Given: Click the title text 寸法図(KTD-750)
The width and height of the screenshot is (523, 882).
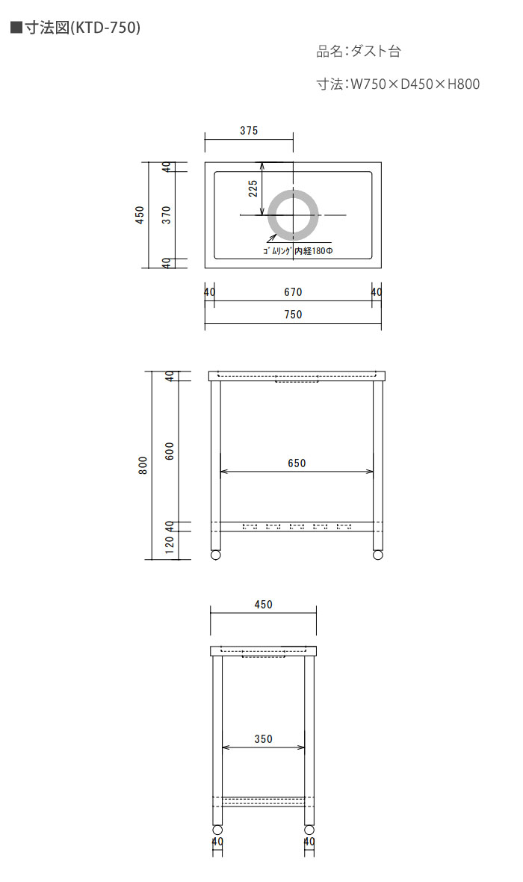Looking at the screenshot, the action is [82, 28].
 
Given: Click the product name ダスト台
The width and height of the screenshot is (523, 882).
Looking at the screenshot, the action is [376, 52].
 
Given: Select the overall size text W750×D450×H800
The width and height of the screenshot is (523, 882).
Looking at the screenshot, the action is [415, 84].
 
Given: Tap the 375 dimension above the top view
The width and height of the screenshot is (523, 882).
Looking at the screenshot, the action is [249, 131].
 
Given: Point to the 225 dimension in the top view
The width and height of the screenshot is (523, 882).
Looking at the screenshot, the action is [253, 188].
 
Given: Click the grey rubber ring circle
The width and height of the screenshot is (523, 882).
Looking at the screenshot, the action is [293, 191].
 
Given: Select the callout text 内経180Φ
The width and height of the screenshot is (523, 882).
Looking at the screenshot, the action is [314, 251].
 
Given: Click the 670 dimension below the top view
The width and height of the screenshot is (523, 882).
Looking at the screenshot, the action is [293, 292].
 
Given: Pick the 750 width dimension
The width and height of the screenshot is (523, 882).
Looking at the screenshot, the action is [293, 315].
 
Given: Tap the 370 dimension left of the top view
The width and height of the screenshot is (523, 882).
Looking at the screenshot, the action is [167, 215].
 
